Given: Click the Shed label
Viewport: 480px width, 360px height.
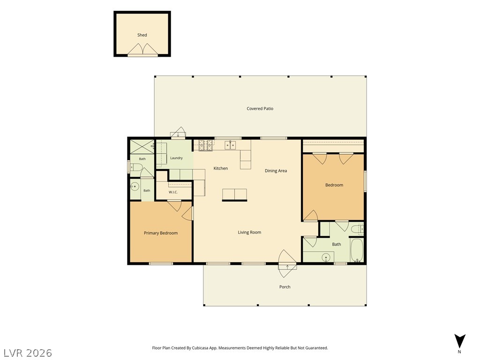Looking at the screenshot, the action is pos(142,35).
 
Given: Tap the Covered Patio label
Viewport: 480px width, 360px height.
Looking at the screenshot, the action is pos(260,108).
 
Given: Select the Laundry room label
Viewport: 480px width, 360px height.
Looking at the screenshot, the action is pos(176,158).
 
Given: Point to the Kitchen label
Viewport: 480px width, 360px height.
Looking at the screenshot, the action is pos(220,168).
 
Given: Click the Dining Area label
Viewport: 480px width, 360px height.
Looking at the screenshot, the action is pos(276,171).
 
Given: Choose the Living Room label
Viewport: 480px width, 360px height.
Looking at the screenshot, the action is pos(249,232).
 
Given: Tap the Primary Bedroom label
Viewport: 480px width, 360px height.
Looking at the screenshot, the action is pos(161,233).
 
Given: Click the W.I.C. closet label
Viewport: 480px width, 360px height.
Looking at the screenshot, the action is pos(173,192).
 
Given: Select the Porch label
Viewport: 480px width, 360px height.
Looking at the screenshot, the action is pos(285,287).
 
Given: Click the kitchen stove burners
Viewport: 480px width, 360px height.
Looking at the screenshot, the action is pos(206,145).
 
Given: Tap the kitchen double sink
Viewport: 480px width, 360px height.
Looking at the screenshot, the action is pos(230,145).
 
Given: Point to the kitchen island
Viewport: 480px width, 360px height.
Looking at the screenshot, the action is pos(234,195).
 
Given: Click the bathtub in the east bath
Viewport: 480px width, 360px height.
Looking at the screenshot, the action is pos(357,250).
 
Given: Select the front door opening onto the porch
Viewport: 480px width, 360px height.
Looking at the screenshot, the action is pos(287,263).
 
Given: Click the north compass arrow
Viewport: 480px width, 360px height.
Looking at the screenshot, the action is pos(459,341).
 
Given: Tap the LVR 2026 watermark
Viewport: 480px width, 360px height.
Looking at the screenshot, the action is pos(28,353).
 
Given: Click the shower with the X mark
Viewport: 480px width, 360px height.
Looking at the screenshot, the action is pos(142,147).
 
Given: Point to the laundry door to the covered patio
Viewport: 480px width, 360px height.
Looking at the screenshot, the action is pos(178,133).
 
